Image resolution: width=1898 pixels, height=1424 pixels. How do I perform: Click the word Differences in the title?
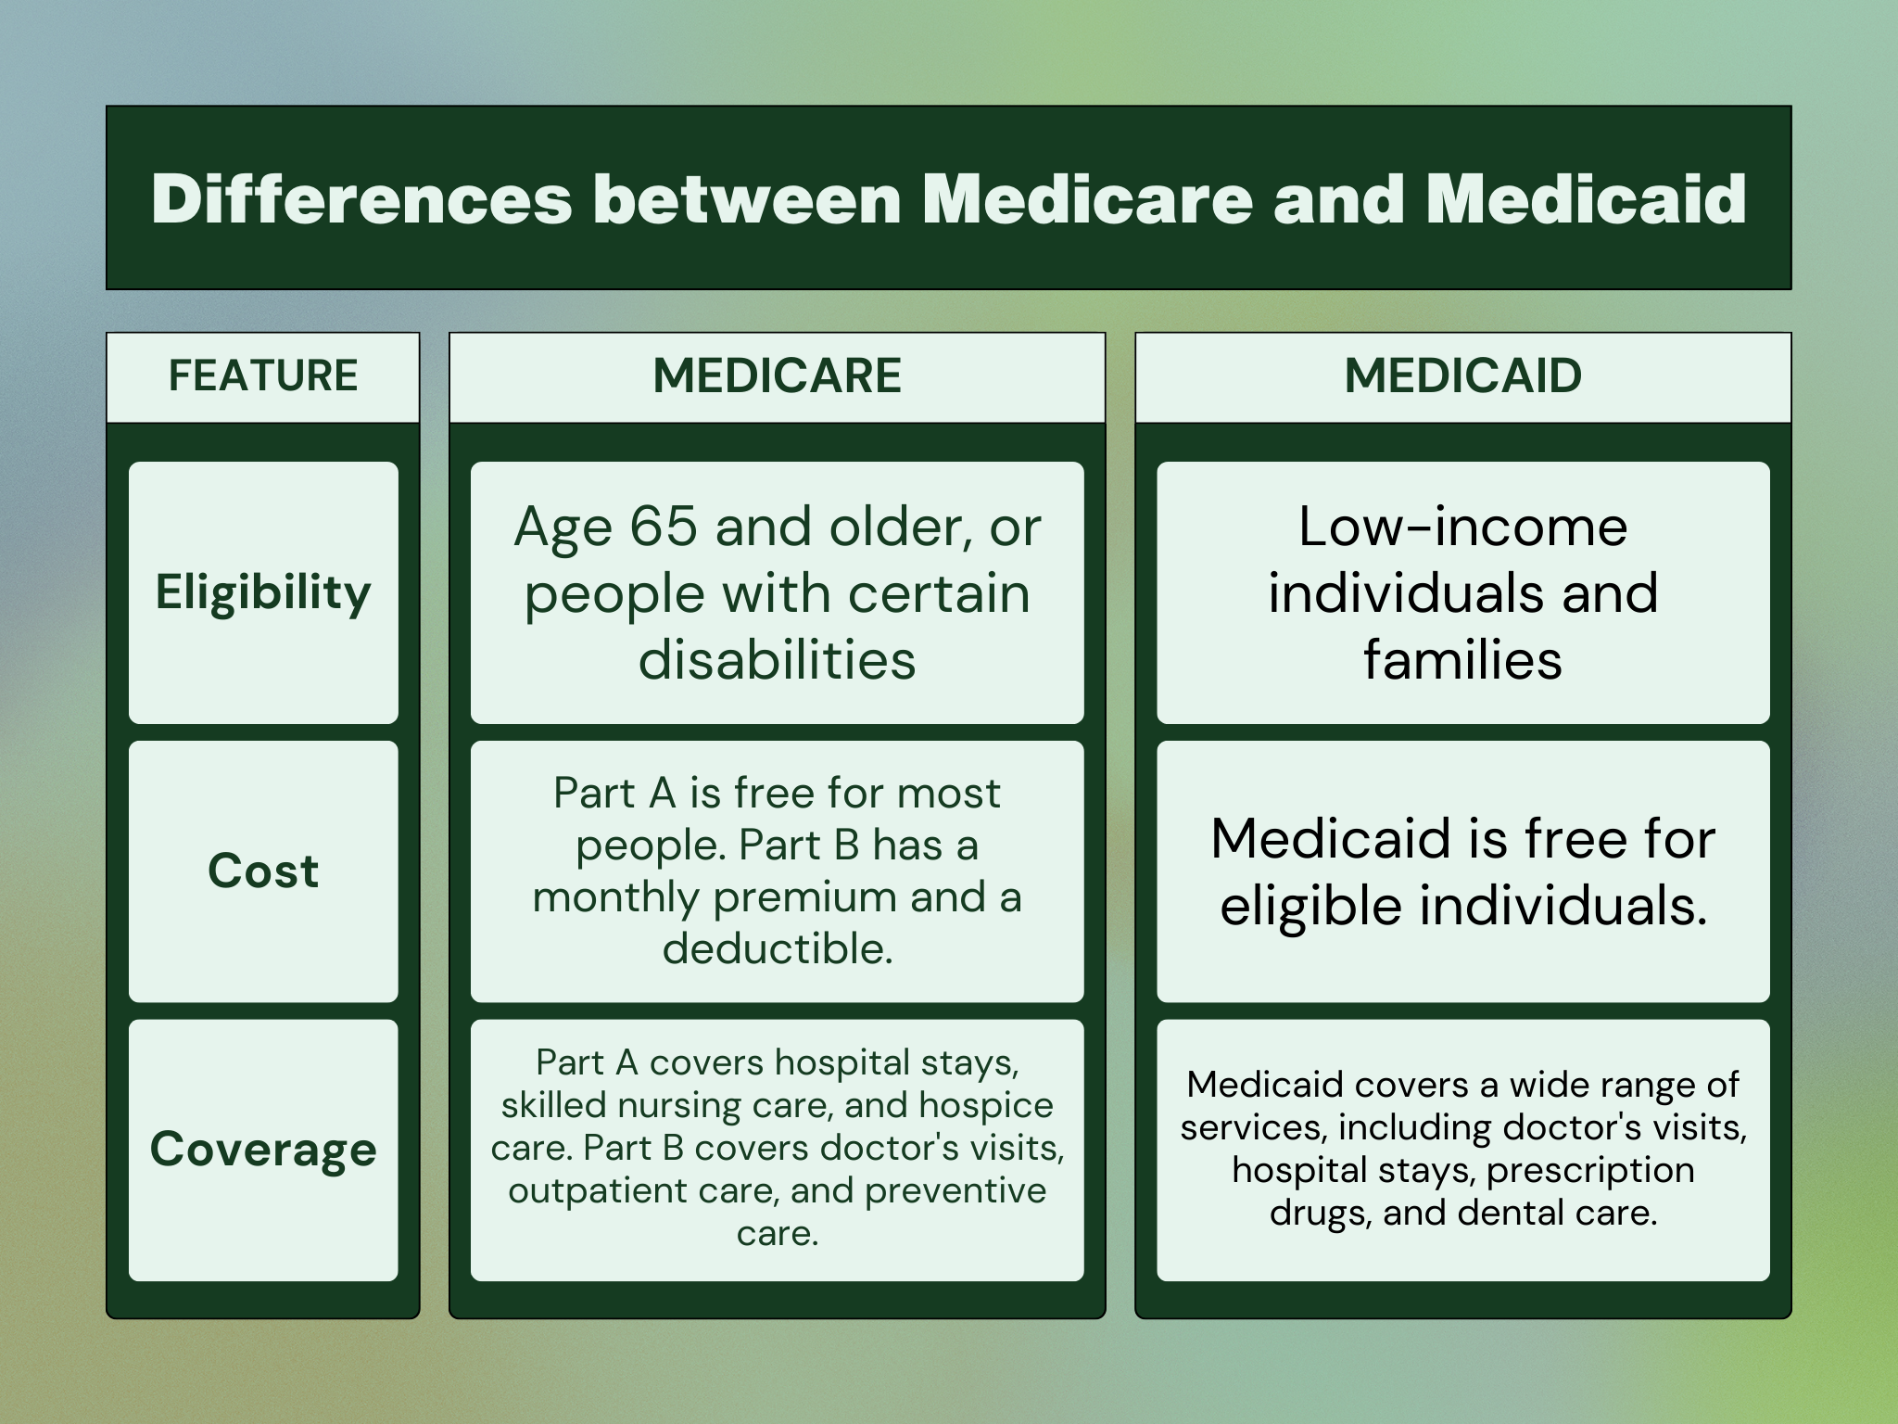[x=361, y=198]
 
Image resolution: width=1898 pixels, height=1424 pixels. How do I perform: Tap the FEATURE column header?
[x=263, y=375]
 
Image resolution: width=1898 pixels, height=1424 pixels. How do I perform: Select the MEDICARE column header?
[x=777, y=375]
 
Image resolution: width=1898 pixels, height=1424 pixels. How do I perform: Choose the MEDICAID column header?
[x=1463, y=375]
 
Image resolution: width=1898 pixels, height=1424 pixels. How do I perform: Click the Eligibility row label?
[x=263, y=592]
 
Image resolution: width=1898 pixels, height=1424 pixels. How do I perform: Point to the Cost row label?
[x=263, y=871]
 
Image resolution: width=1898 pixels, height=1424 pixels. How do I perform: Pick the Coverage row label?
[x=263, y=1150]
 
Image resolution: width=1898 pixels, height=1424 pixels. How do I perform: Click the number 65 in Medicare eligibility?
[x=663, y=526]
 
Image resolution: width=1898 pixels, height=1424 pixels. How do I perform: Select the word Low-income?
[x=1463, y=526]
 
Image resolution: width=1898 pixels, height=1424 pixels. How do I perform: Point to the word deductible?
[x=777, y=948]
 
